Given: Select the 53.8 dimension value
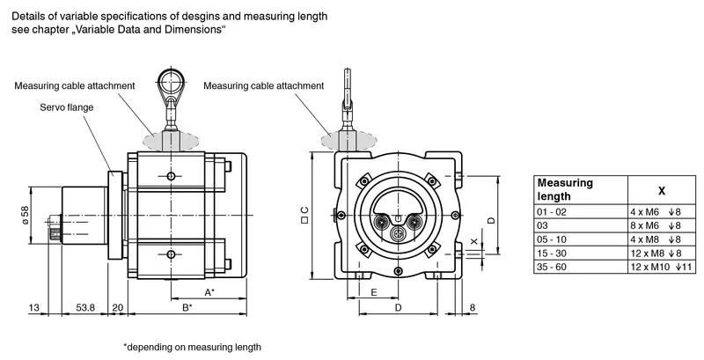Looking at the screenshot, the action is point(85,307).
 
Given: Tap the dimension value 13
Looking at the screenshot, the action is point(34,307).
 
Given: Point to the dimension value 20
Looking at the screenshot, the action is point(118,307).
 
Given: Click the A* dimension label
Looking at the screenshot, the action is point(209,293).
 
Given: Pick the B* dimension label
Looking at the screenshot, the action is point(187,307).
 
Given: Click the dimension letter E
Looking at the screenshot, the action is point(374,293).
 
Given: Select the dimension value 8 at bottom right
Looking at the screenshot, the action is point(472,307).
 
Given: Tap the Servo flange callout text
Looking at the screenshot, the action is point(67,107).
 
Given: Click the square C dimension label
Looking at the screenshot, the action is point(304,215).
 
